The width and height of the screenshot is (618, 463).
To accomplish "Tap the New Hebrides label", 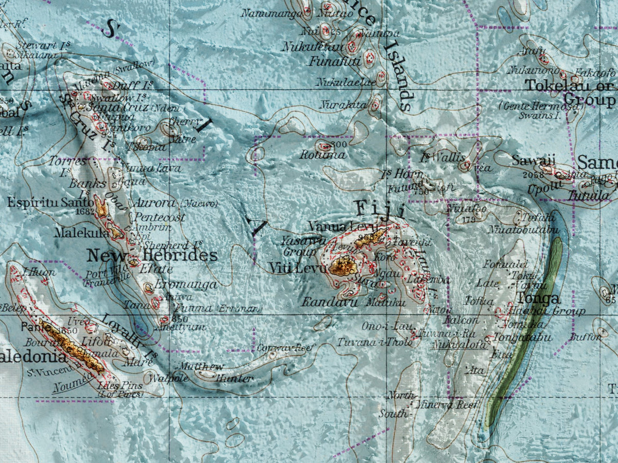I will click(x=152, y=256).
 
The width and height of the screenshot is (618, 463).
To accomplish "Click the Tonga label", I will click(x=539, y=298).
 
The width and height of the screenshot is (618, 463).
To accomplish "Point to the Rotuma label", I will click(x=323, y=155).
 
